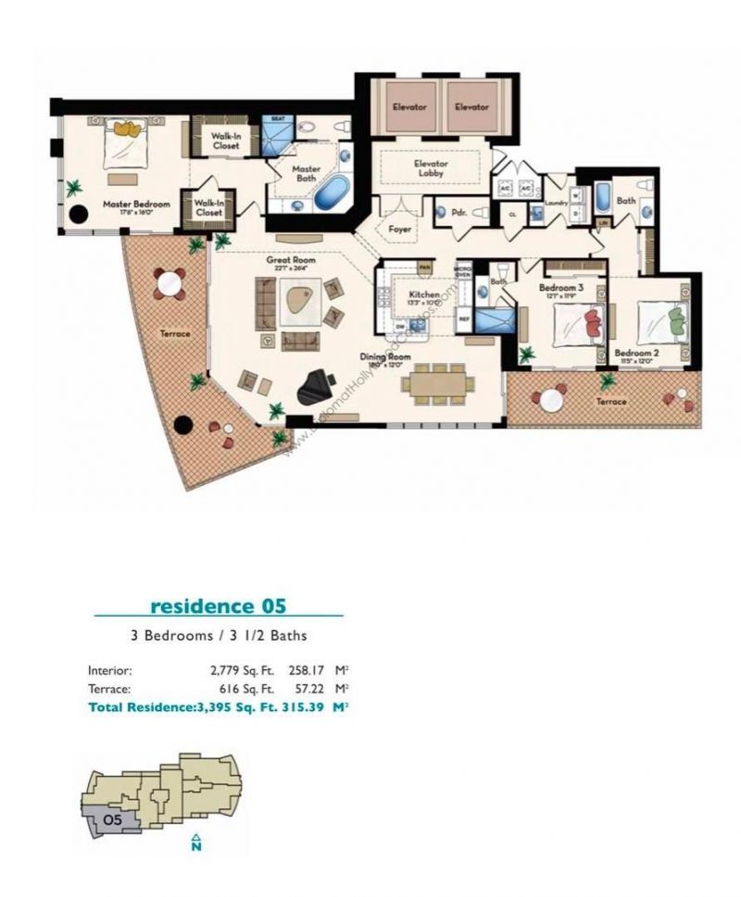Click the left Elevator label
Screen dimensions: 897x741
tap(408, 107)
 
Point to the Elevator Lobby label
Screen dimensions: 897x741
tap(430, 168)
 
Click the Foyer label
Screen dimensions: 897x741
tap(399, 228)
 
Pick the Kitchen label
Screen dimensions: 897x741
tap(423, 295)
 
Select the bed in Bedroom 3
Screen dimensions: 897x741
tap(578, 325)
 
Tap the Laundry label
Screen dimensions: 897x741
tap(556, 202)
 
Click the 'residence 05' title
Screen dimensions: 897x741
tap(218, 607)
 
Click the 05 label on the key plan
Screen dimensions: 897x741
tap(112, 819)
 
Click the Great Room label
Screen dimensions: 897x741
tap(291, 261)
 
